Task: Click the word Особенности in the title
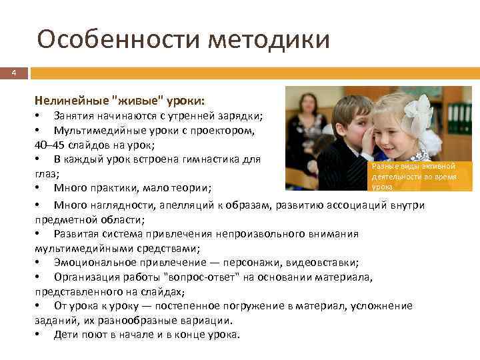click(x=119, y=40)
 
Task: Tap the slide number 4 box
click(x=13, y=72)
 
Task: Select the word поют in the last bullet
click(x=94, y=335)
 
